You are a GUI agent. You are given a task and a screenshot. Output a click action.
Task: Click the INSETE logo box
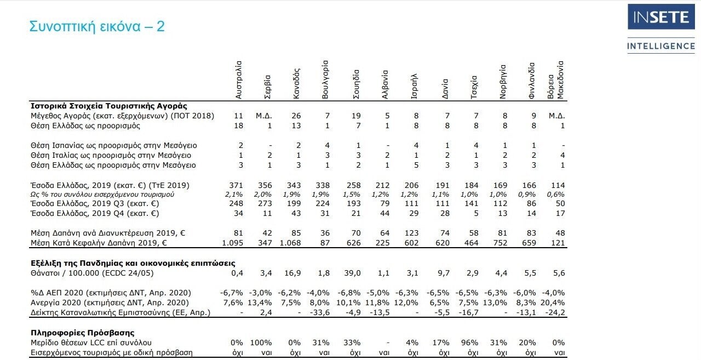pos(661,16)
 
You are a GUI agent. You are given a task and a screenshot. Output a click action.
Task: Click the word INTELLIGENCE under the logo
pos(661,46)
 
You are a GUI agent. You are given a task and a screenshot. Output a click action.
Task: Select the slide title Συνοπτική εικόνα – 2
pos(97,26)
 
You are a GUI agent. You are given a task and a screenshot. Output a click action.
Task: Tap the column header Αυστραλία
pos(238,80)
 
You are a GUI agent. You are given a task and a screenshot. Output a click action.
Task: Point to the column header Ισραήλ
pos(413,87)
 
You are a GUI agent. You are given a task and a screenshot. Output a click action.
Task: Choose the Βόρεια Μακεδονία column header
pos(555,80)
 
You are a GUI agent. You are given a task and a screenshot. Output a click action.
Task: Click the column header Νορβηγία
pos(503,82)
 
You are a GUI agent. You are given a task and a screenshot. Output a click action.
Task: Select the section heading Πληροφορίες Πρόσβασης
pos(83,333)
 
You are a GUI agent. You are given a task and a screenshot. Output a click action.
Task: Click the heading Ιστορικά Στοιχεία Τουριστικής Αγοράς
pos(109,106)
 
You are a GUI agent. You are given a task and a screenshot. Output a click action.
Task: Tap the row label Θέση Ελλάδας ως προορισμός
pos(85,126)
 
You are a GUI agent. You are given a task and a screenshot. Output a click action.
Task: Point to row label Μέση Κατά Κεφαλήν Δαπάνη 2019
pos(99,243)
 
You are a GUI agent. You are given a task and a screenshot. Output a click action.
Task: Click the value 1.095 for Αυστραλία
pos(233,243)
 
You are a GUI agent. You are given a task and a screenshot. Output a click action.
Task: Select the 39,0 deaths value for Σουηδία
pos(352,273)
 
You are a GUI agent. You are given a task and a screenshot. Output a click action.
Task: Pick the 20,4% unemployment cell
pos(553,302)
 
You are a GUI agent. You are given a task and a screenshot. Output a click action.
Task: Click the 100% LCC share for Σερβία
pos(261,342)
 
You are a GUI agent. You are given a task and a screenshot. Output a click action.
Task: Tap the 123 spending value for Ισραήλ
pos(411,233)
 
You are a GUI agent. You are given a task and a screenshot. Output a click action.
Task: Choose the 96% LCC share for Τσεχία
pos(469,342)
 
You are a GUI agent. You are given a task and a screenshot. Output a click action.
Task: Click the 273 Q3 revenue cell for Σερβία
pos(265,203)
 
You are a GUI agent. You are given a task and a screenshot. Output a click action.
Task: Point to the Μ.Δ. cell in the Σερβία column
pos(264,116)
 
